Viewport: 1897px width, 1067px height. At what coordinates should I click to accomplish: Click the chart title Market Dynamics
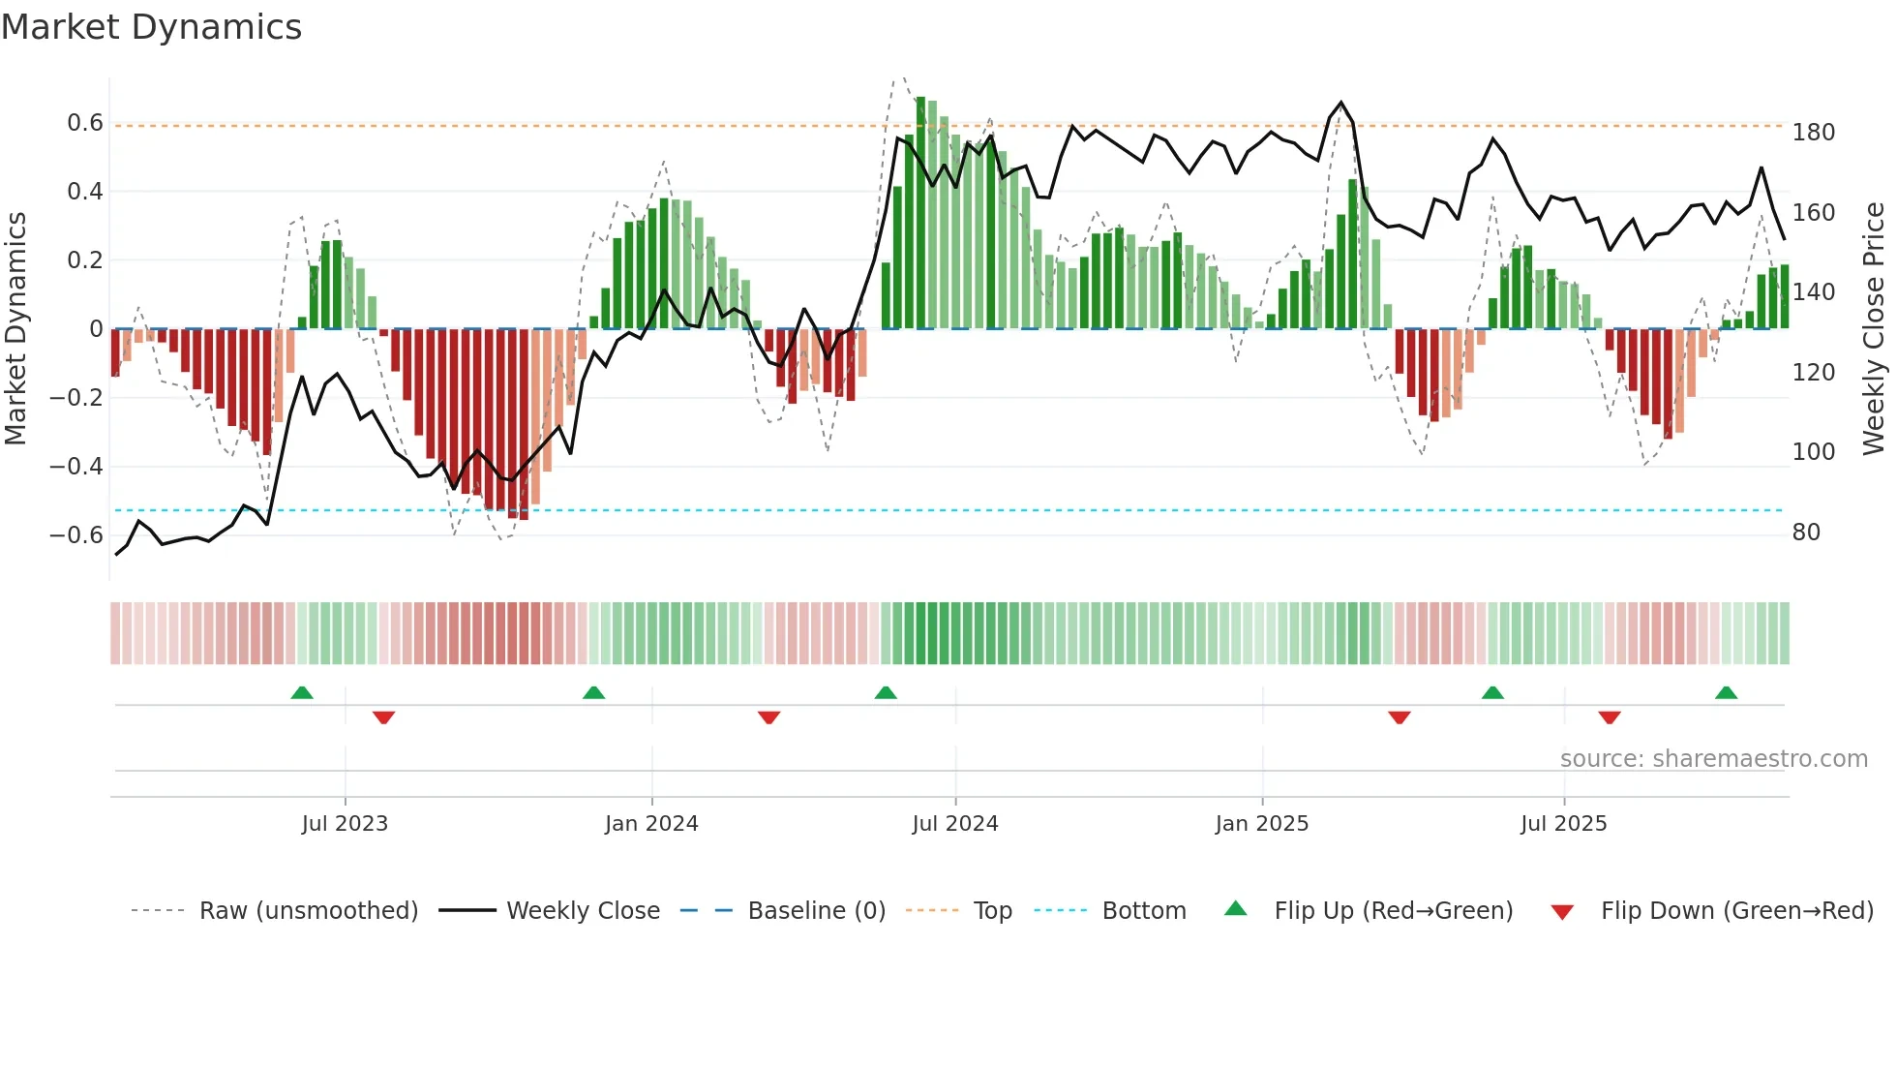[151, 27]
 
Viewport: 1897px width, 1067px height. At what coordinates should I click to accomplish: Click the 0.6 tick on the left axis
[85, 123]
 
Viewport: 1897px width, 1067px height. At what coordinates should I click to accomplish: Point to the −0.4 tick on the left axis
[76, 467]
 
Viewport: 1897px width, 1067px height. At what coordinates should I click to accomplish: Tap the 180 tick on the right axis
[1813, 133]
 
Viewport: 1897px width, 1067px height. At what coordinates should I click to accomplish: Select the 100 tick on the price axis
[1813, 452]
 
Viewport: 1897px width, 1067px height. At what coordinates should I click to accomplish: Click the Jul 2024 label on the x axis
[954, 824]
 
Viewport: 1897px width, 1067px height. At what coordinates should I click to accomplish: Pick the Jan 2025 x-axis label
[1261, 824]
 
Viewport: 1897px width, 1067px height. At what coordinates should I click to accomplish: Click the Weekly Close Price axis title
[1874, 329]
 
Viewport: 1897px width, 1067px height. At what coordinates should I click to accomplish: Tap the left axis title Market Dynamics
[15, 329]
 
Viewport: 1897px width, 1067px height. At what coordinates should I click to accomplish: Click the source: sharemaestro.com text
[1713, 759]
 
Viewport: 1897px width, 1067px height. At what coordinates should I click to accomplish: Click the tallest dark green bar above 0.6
[920, 213]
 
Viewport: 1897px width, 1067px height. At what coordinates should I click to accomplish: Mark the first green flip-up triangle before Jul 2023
[302, 693]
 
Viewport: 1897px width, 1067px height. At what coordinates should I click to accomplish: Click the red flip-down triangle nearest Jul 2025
[1610, 717]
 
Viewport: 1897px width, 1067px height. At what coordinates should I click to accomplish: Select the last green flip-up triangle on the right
[1726, 693]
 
